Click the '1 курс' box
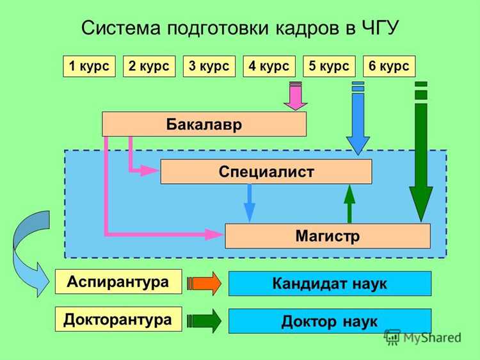pos(89,67)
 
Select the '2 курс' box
pos(149,67)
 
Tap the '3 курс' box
pos(209,67)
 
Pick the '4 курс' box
pos(269,67)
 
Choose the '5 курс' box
pos(329,67)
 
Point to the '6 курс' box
pos(389,67)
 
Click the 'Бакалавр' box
pos(204,124)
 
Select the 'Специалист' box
pos(266,172)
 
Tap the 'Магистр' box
pos(327,236)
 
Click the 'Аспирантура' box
pos(118,281)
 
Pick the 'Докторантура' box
pos(118,319)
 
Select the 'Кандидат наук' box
pos(330,283)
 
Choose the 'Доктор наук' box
pos(330,321)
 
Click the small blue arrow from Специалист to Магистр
pos(250,203)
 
